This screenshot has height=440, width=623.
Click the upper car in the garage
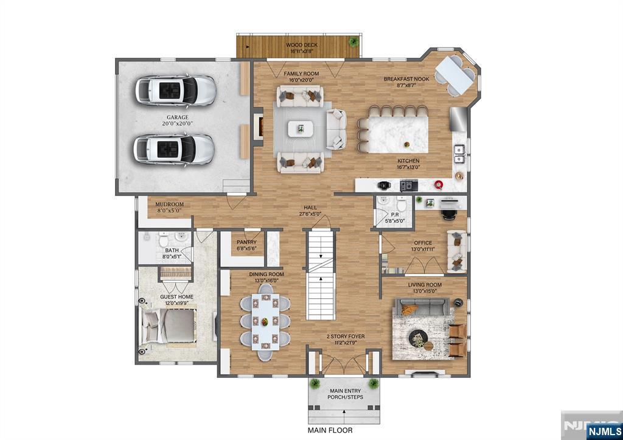(x=175, y=91)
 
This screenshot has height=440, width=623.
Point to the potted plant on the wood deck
(x=352, y=41)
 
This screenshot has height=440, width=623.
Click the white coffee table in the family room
(x=301, y=128)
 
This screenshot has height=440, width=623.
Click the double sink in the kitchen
(x=459, y=155)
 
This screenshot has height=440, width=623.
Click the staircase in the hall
(x=320, y=276)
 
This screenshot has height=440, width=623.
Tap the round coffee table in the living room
(x=418, y=336)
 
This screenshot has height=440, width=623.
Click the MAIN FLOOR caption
(x=329, y=430)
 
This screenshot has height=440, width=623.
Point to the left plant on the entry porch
(x=315, y=383)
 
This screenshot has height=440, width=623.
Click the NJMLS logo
(x=602, y=431)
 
